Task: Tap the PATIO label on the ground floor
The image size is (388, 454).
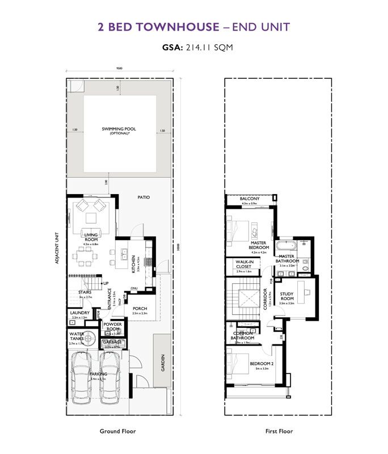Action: tap(144, 197)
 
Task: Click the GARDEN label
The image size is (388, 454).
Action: tap(162, 361)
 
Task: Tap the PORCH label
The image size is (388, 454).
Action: tap(140, 309)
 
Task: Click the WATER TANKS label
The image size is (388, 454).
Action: tap(77, 336)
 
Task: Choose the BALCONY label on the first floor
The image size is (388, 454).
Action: tap(250, 199)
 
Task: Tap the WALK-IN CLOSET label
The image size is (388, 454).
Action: tap(243, 264)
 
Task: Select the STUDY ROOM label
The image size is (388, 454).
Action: tap(287, 296)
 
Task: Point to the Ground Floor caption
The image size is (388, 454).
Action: tap(118, 431)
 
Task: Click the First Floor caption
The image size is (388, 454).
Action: tap(279, 431)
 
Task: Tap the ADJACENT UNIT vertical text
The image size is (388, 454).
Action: tap(58, 251)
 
